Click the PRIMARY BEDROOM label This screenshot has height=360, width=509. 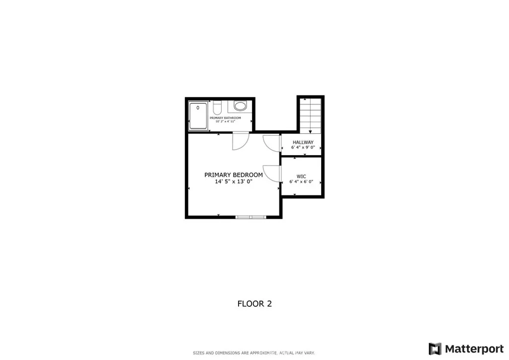point(234,175)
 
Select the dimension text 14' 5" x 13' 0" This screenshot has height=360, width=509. point(234,182)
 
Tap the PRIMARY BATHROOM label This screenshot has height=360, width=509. point(225,118)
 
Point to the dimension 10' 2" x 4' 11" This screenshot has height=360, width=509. point(225,122)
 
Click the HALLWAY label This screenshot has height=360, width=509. point(303,143)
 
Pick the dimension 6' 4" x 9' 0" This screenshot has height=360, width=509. point(303,148)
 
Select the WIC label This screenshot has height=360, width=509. point(301,177)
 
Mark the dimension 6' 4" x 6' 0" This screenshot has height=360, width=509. point(301,182)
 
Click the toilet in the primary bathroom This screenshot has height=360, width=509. point(217,107)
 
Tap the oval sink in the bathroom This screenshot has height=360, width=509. point(240,106)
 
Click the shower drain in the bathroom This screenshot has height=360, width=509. point(198,107)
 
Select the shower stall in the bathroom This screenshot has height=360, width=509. point(198,115)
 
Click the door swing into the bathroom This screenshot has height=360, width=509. point(239,141)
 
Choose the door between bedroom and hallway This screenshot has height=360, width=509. point(272,143)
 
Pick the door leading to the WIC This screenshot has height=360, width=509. point(272,174)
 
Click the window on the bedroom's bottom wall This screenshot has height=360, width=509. point(251,217)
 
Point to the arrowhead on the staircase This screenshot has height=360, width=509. point(311,132)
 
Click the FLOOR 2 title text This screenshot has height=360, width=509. point(254,303)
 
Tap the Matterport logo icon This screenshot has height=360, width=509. point(434,349)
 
